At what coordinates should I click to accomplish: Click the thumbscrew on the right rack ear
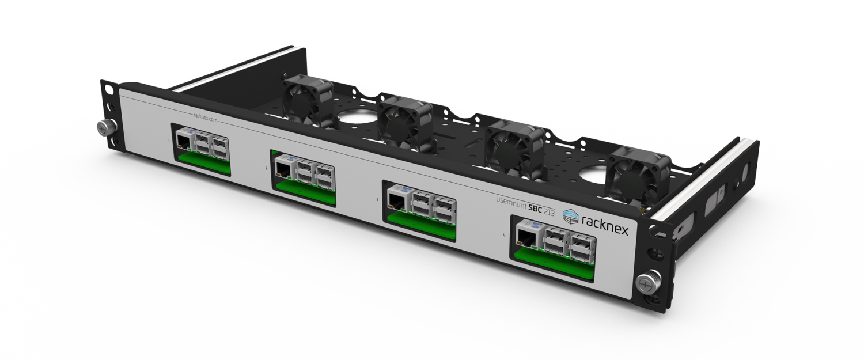[644, 283]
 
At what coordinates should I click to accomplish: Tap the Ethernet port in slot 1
[183, 142]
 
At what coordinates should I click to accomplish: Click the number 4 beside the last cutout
[505, 234]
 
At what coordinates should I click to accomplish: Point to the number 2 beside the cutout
[266, 168]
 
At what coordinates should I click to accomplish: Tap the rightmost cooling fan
[639, 173]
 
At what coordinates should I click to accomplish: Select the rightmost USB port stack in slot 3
[444, 210]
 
